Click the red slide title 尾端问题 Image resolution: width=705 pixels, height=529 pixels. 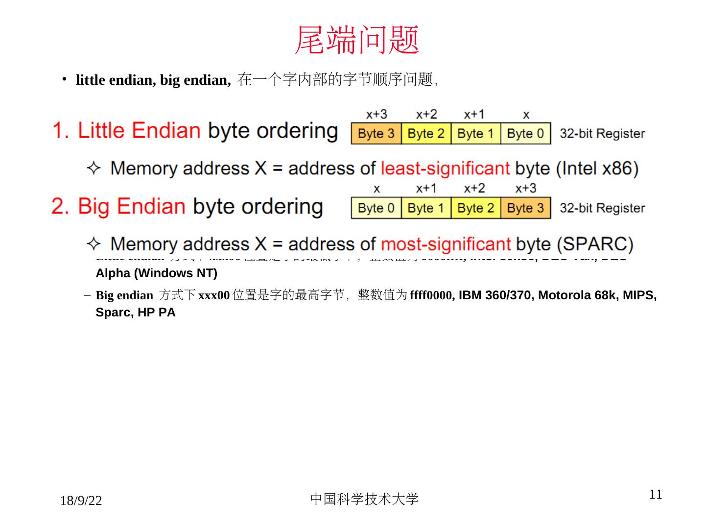(357, 40)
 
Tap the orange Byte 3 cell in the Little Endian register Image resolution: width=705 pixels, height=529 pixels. (376, 134)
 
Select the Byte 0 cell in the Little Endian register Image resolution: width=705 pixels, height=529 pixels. (525, 134)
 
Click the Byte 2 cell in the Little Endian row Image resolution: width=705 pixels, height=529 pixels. (426, 134)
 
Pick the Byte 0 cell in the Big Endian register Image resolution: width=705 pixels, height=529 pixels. (376, 208)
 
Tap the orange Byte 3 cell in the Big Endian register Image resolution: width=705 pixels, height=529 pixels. (525, 208)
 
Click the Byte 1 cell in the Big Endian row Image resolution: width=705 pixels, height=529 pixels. (426, 208)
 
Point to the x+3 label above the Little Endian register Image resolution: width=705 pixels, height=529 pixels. (376, 115)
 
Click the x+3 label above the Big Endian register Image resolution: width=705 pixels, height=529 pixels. (526, 189)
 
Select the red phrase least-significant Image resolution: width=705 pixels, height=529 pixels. (445, 168)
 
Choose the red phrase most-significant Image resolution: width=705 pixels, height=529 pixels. (446, 244)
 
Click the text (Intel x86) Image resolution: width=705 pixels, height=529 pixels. (597, 168)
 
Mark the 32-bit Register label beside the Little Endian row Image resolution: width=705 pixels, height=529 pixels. (602, 134)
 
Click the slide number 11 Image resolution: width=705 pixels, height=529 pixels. (656, 494)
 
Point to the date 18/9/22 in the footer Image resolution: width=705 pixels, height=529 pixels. (81, 501)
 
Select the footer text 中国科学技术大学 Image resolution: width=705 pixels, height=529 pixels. (364, 499)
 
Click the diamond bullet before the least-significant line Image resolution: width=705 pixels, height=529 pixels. (93, 168)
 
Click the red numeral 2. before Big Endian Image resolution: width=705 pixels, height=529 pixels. (60, 207)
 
